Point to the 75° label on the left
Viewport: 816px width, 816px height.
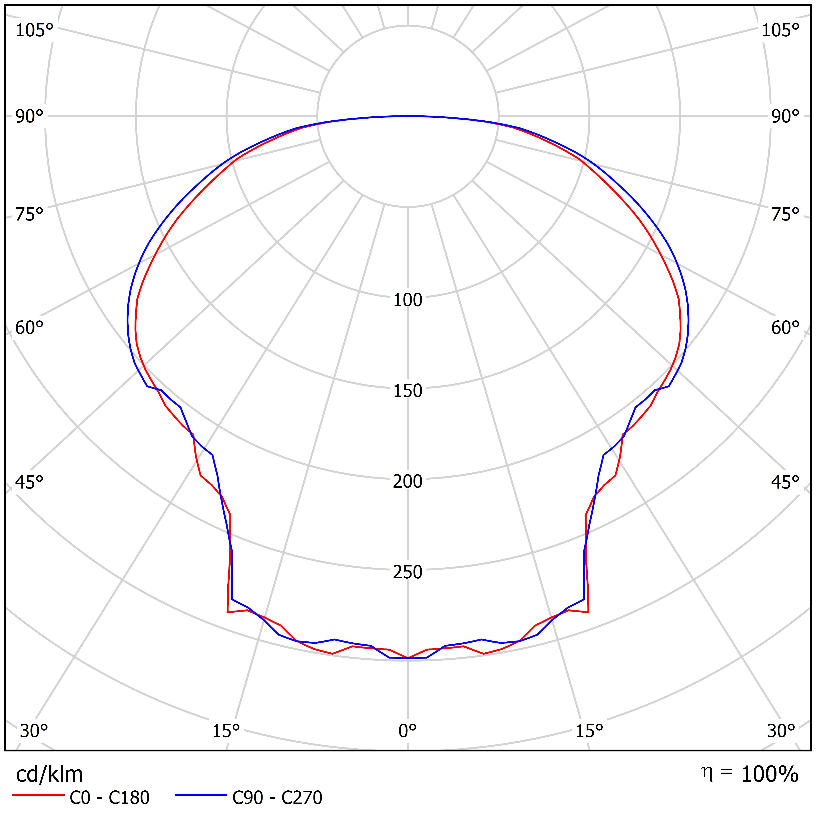[29, 215]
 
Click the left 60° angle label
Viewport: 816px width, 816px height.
[29, 328]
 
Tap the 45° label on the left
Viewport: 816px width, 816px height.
[29, 482]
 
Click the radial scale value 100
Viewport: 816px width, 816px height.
[408, 300]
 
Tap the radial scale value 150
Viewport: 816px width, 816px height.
[408, 391]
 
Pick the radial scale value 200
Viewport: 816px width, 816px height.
[408, 481]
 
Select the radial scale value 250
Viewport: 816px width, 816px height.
[408, 572]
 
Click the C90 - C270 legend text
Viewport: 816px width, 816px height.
[277, 797]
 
